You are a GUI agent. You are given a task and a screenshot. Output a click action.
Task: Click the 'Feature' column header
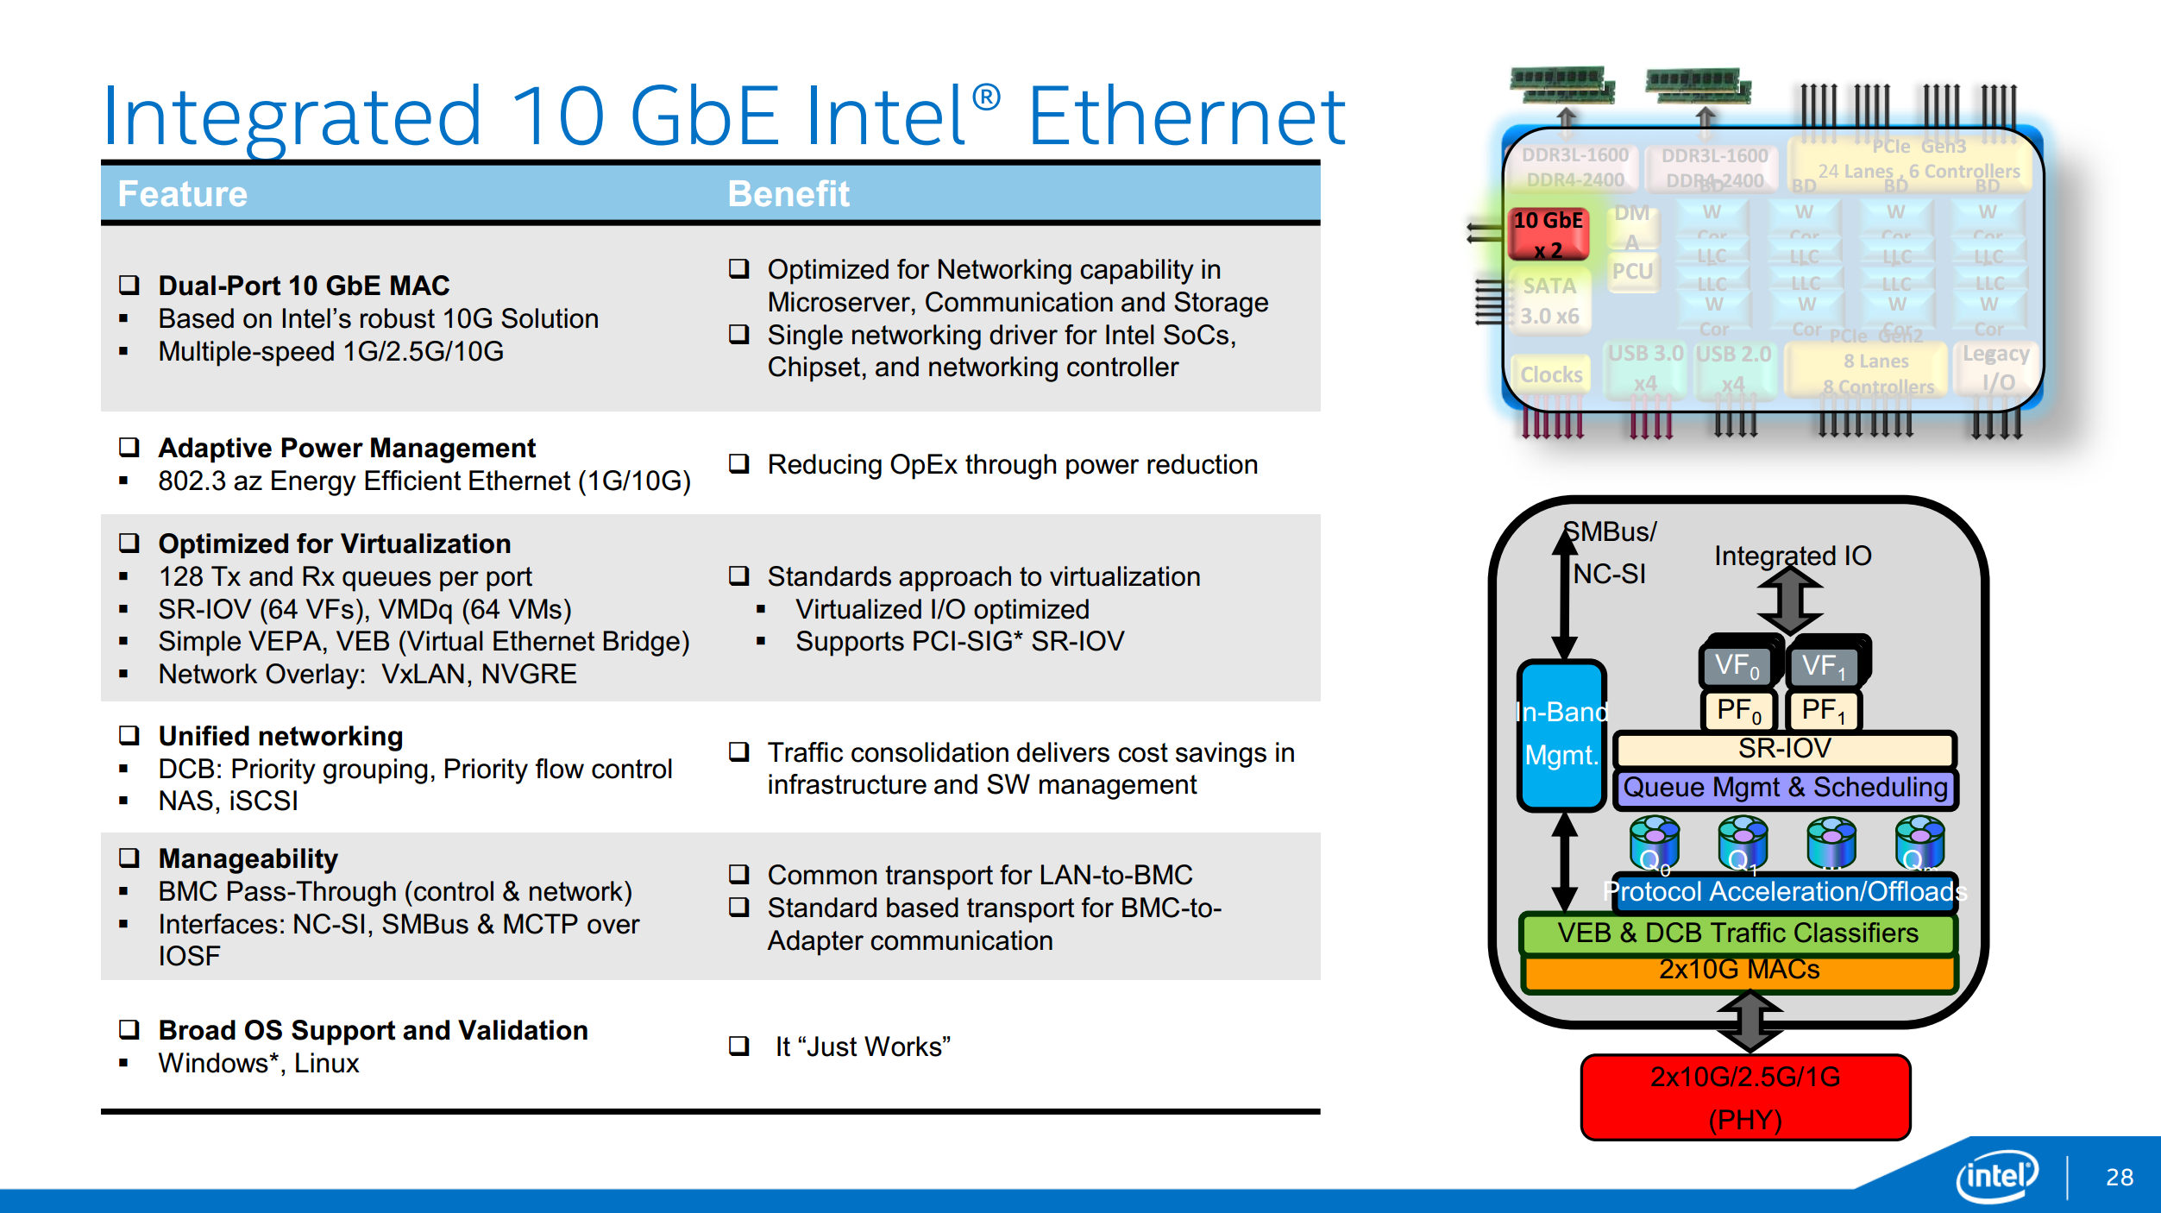pos(183,194)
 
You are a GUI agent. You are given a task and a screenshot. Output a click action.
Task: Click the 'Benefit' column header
pos(788,194)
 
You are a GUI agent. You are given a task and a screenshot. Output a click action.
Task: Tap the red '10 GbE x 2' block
pos(1549,234)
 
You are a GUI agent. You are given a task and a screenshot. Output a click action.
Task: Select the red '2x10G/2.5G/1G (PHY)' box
pos(1744,1097)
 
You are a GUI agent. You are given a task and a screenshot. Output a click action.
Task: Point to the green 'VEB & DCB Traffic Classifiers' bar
pos(1737,933)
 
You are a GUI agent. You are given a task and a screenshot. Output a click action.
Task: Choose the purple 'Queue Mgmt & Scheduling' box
pos(1785,788)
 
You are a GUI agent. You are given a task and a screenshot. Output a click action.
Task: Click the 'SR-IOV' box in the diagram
pos(1784,749)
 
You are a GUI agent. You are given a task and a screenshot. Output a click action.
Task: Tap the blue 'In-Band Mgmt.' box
pos(1561,734)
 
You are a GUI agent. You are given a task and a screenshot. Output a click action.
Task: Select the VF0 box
pos(1737,666)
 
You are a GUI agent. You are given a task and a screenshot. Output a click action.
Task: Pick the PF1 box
pos(1823,711)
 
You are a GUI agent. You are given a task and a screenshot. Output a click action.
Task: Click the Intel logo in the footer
pos(1996,1175)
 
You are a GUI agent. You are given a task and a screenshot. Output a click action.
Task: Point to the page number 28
pos(2120,1177)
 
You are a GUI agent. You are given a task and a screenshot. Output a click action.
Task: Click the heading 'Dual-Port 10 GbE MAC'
pos(304,286)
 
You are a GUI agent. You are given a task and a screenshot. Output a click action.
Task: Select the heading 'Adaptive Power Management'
pos(347,448)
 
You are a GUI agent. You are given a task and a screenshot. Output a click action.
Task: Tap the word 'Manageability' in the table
pos(248,858)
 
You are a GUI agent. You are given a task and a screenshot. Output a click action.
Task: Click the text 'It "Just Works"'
pos(863,1046)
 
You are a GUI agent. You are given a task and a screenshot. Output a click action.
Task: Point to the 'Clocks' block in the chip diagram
pos(1551,374)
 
